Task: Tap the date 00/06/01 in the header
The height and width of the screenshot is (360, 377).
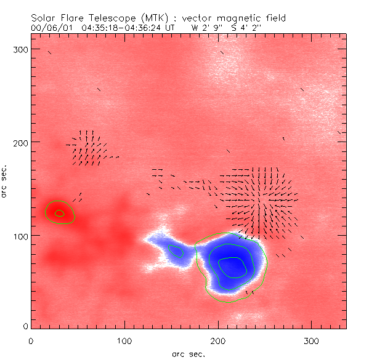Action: pyautogui.click(x=49, y=27)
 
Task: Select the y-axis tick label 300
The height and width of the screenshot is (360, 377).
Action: pyautogui.click(x=20, y=49)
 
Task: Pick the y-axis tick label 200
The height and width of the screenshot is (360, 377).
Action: pyautogui.click(x=20, y=142)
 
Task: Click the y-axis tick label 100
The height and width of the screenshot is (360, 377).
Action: pyautogui.click(x=20, y=236)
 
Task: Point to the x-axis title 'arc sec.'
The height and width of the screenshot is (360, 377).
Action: pyautogui.click(x=188, y=354)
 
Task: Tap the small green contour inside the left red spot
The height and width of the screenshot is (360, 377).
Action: pyautogui.click(x=59, y=214)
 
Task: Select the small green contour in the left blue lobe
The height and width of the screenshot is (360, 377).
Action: pyautogui.click(x=176, y=251)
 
